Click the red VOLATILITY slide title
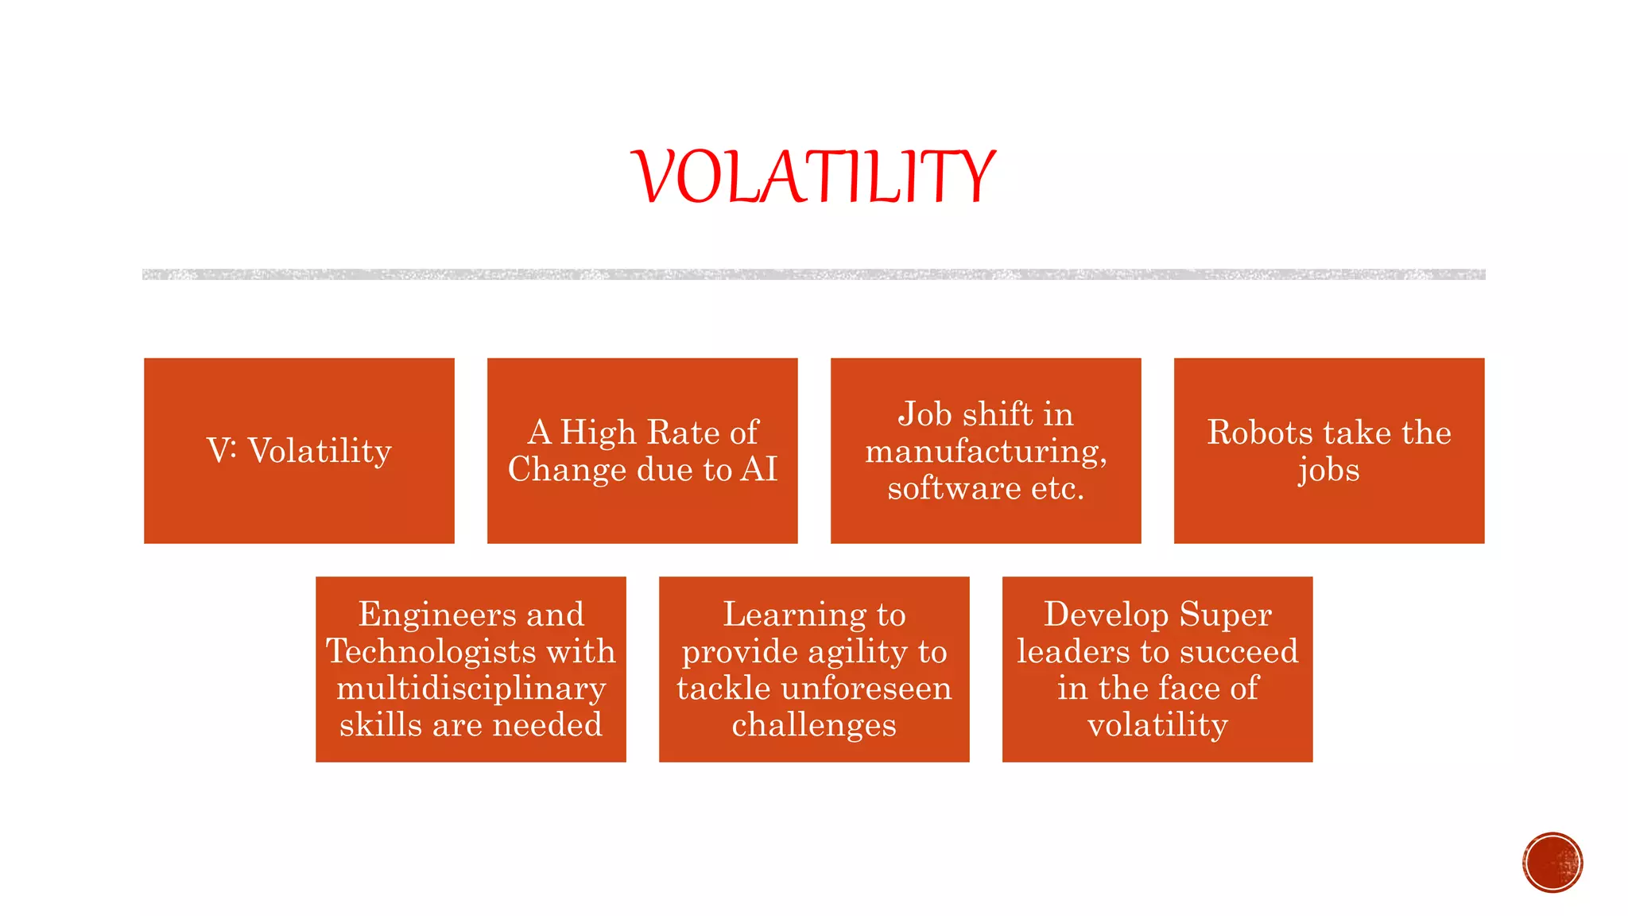pyautogui.click(x=813, y=177)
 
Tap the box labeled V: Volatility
pyautogui.click(x=299, y=451)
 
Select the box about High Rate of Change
pyautogui.click(x=642, y=451)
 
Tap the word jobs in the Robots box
pyautogui.click(x=1328, y=471)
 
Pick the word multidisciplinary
pyautogui.click(x=471, y=689)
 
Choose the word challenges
pyautogui.click(x=814, y=725)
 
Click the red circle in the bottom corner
pyautogui.click(x=1552, y=862)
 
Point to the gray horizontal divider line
pyautogui.click(x=813, y=274)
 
